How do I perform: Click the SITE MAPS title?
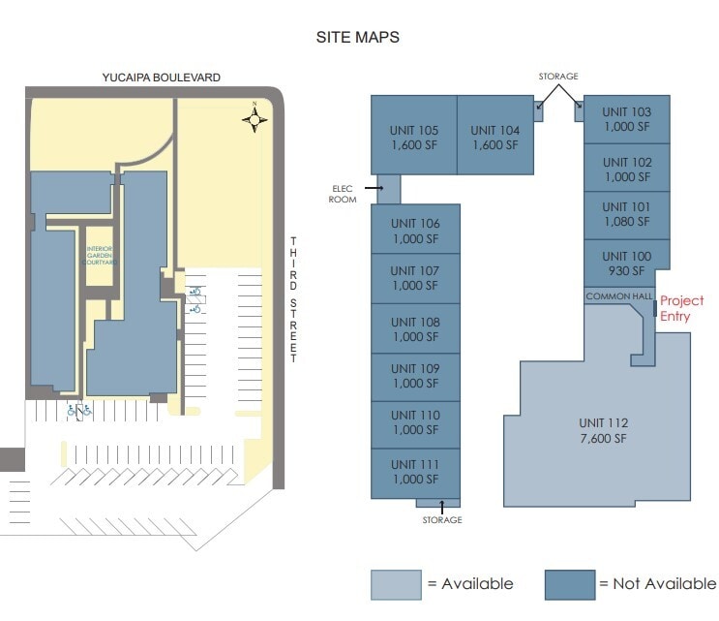(357, 38)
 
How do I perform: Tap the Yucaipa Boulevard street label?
(162, 77)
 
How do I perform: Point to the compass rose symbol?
(255, 119)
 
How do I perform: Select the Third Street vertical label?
(294, 299)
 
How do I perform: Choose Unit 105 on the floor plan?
(414, 138)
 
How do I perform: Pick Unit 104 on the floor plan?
(494, 138)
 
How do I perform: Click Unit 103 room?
(627, 119)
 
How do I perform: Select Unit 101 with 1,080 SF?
(627, 214)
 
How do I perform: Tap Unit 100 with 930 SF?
(627, 264)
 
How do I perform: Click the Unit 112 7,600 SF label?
(603, 430)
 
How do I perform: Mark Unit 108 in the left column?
(415, 329)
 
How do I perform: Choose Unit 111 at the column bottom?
(415, 472)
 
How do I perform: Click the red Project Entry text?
(681, 309)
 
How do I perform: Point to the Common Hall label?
(619, 296)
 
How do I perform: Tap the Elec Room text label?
(344, 194)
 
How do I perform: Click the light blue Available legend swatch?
(396, 584)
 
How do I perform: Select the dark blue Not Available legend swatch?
(569, 584)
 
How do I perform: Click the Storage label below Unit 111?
(441, 520)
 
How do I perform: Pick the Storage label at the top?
(558, 77)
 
